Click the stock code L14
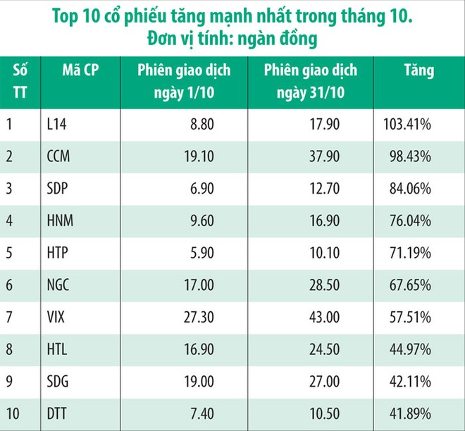(55, 125)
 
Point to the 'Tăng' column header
(418, 71)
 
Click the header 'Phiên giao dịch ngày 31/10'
(311, 81)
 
